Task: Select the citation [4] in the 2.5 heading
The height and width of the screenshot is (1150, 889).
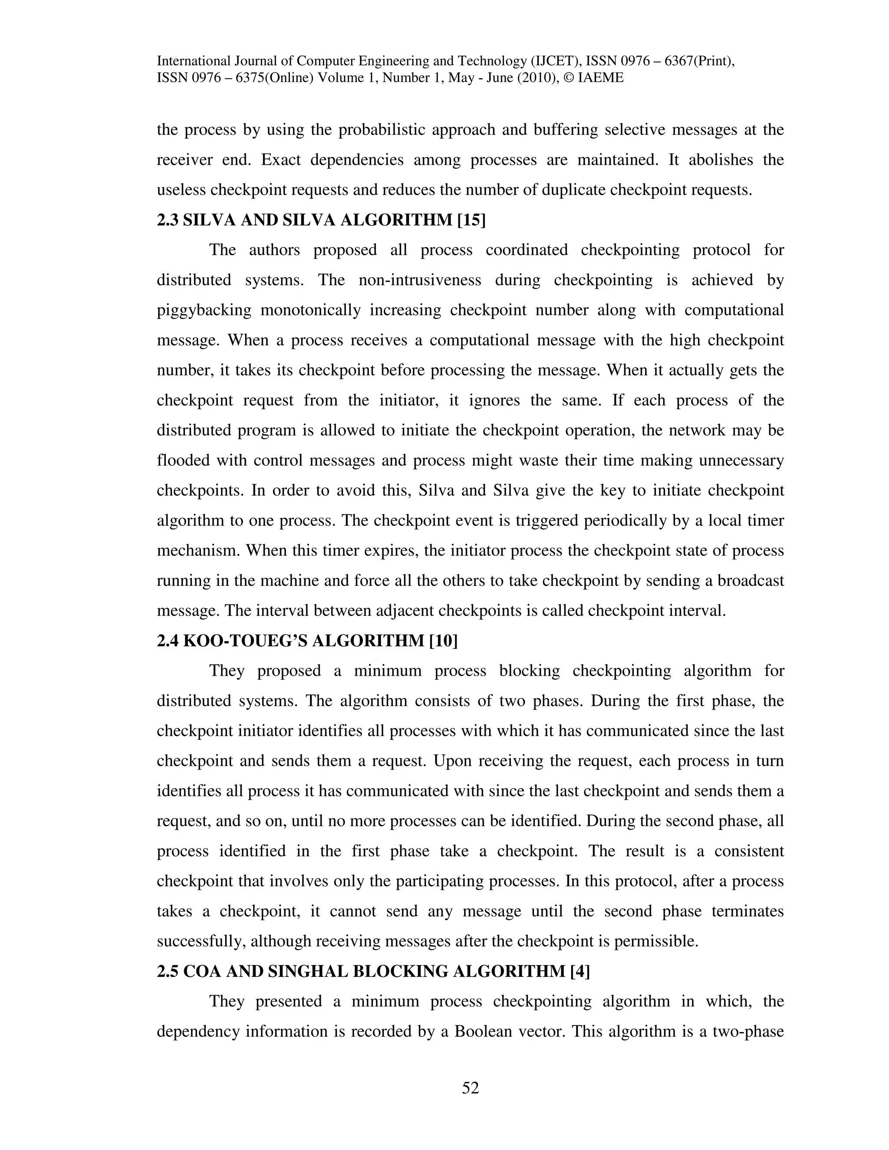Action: point(580,972)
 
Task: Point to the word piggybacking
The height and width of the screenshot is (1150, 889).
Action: point(204,310)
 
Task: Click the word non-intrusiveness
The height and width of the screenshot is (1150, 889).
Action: point(420,280)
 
